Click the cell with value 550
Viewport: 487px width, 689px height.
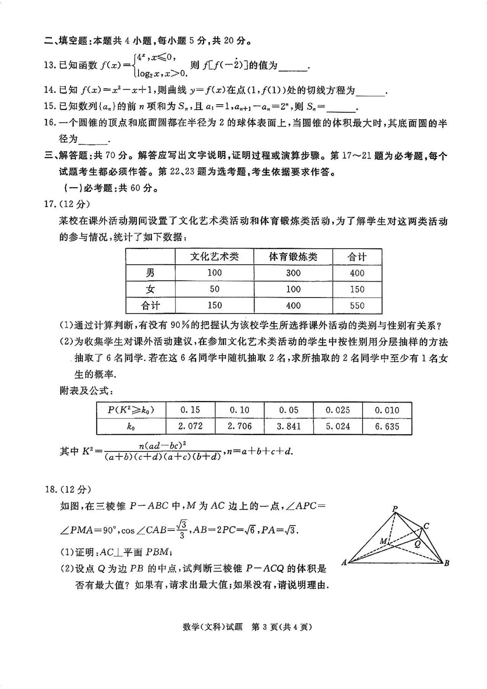coord(357,305)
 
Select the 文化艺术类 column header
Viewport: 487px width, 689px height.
coord(214,257)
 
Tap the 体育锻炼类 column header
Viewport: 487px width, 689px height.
coord(293,257)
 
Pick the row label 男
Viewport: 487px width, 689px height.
coord(150,273)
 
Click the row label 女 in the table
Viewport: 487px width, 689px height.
coord(150,289)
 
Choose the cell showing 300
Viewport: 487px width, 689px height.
coord(293,273)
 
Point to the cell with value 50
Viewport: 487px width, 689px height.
coord(214,289)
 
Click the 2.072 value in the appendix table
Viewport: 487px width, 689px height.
coord(190,426)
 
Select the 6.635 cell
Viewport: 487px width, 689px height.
coord(387,426)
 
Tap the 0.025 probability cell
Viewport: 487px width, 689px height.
coord(338,410)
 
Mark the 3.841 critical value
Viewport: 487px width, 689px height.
coord(288,426)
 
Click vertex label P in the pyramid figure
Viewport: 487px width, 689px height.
coord(395,509)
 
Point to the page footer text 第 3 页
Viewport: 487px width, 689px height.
coord(265,627)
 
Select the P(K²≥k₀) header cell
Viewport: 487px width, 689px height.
coord(131,410)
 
